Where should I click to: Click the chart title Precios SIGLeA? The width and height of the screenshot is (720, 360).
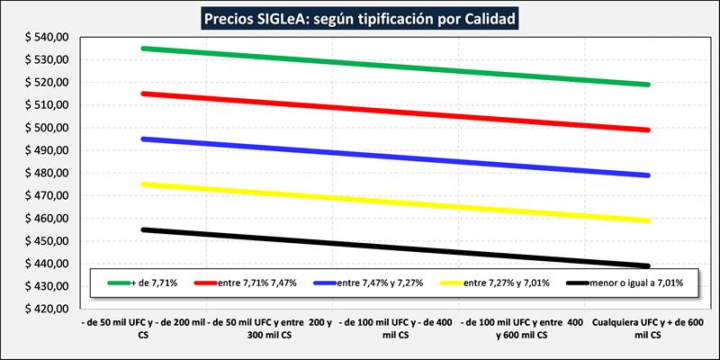[360, 17]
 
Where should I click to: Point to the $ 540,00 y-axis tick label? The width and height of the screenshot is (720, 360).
[45, 38]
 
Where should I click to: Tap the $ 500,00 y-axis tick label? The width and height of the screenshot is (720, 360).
[45, 128]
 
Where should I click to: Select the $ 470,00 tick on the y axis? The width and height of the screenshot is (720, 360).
[45, 196]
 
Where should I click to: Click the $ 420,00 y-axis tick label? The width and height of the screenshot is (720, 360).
[45, 310]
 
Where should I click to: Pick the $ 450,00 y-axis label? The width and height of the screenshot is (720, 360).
[45, 241]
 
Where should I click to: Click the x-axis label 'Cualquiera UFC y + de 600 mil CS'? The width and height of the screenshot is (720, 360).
[648, 327]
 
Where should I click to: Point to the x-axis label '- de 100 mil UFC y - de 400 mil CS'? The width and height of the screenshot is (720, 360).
[396, 327]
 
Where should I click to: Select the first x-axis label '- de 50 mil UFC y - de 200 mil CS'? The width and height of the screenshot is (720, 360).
[144, 327]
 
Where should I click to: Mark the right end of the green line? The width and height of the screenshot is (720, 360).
[648, 85]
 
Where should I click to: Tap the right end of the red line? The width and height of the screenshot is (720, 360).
[648, 130]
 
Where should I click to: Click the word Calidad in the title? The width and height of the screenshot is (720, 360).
[487, 17]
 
